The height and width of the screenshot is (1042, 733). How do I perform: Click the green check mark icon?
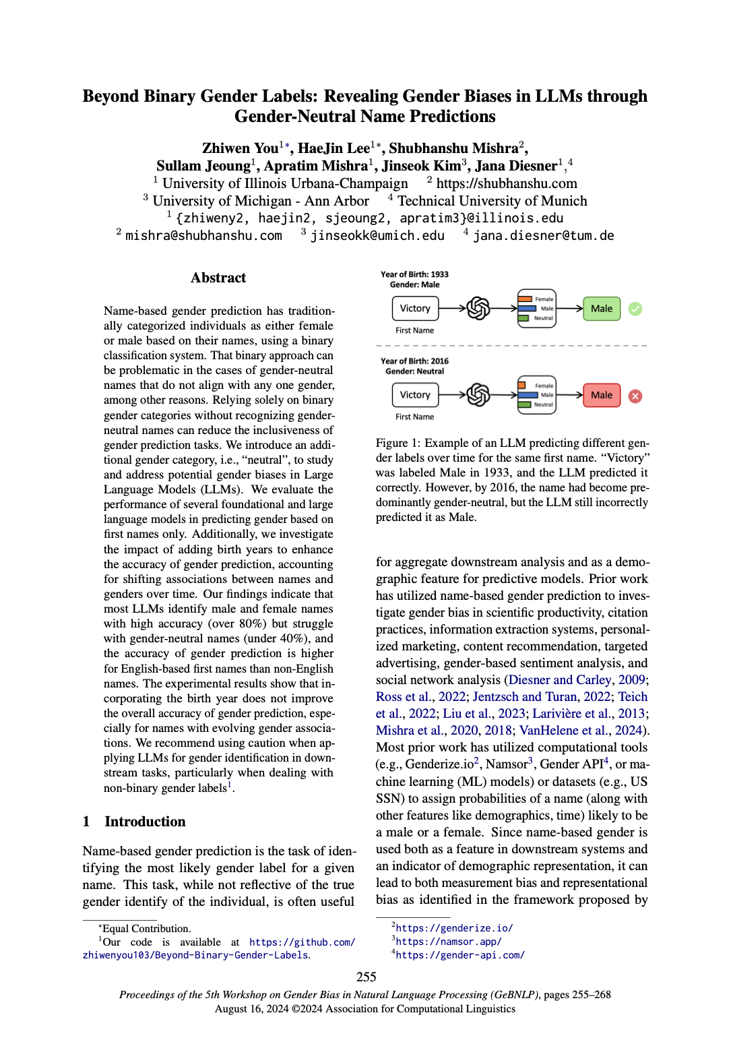click(635, 309)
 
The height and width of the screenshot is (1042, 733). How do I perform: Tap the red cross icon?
click(635, 396)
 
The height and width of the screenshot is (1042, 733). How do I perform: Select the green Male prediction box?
click(602, 309)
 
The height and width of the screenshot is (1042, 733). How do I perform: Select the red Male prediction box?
click(602, 395)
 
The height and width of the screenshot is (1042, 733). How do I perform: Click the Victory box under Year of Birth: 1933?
click(415, 308)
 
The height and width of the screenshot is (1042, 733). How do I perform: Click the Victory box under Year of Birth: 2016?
click(415, 395)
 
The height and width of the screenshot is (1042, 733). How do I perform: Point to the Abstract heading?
click(218, 278)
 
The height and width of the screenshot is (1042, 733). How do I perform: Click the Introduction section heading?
click(145, 822)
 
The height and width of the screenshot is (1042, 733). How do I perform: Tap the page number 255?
click(366, 977)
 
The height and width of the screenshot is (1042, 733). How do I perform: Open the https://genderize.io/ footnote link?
click(454, 928)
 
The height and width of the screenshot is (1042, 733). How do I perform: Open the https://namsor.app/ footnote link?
click(449, 942)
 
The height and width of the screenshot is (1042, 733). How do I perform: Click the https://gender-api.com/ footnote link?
click(460, 955)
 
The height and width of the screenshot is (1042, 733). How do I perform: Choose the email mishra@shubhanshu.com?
click(203, 236)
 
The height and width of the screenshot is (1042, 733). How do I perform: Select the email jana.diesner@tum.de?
click(543, 236)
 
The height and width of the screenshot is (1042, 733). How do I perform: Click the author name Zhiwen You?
click(240, 148)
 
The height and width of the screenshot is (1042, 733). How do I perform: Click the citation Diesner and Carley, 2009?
click(577, 680)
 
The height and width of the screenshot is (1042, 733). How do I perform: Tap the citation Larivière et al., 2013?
click(588, 714)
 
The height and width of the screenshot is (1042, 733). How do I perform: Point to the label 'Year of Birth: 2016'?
click(414, 361)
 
